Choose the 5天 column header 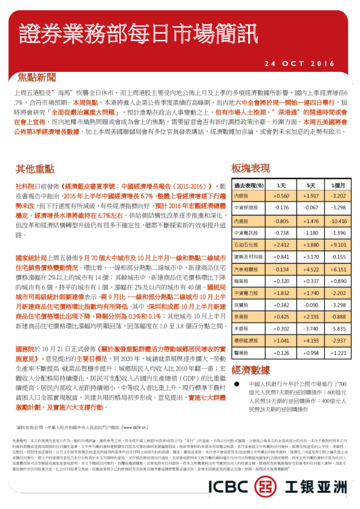(x=311, y=185)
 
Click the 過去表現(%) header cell (x=249, y=185)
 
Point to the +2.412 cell (x=281, y=245)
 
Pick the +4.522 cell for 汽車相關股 (x=311, y=269)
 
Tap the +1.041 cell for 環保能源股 (x=281, y=341)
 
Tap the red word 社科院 (x=25, y=187)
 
